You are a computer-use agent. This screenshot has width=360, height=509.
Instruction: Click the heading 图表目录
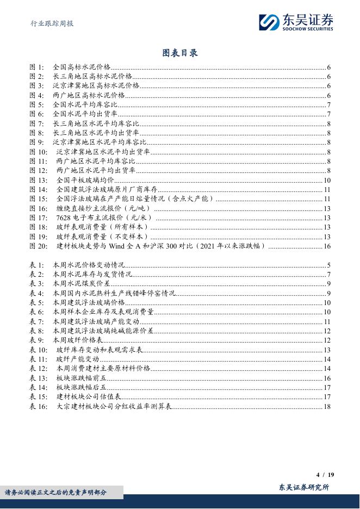click(179, 53)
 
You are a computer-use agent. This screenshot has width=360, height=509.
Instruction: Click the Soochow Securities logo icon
click(269, 22)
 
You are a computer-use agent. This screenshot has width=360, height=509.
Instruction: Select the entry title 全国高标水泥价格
click(81, 67)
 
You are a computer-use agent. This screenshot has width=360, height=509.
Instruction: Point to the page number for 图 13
click(327, 180)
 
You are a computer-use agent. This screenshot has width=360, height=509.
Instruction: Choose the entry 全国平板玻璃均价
click(85, 180)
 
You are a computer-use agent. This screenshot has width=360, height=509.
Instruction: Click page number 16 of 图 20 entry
click(327, 246)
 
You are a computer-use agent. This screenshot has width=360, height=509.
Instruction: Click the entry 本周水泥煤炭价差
click(81, 283)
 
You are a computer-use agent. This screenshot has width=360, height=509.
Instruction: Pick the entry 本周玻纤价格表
click(77, 340)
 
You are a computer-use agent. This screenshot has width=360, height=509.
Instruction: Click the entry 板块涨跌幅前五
click(81, 378)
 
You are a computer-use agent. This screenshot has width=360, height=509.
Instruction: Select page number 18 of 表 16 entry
click(327, 406)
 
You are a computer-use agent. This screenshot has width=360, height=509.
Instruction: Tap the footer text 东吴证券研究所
click(304, 488)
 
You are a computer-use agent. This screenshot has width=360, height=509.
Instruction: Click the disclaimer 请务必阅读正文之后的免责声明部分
click(56, 492)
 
